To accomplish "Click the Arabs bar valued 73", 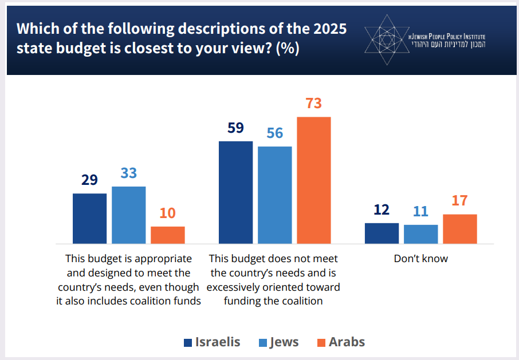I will point(313,180).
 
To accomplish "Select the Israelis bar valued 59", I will point(235,192).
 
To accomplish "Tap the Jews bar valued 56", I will point(274,195).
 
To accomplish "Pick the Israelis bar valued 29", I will point(89,219).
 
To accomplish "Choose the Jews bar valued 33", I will point(128,215).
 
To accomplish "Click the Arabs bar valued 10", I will point(167,235).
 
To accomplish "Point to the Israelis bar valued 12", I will point(382,234).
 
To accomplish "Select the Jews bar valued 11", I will point(420,234).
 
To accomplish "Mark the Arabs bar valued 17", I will point(460,229).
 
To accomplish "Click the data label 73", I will point(313,104).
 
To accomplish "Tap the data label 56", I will point(275,133).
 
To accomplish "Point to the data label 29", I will point(89,180).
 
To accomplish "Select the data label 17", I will point(459,201).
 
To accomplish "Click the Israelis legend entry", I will point(212,342).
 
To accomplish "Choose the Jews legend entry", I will point(278,342).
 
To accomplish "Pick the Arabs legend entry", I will point(340,342).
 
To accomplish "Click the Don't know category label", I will point(420,259).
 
